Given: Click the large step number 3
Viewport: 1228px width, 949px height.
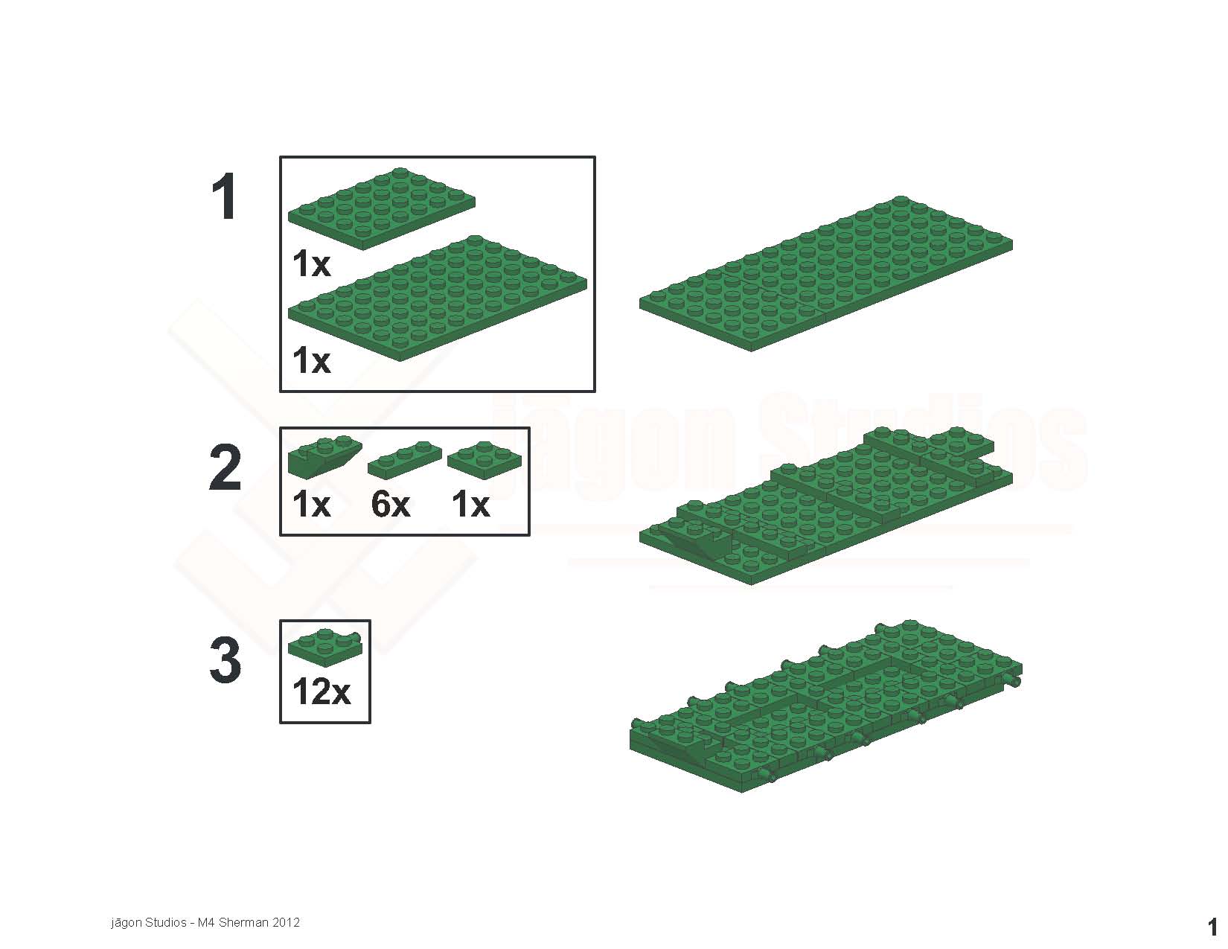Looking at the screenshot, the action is click(x=226, y=659).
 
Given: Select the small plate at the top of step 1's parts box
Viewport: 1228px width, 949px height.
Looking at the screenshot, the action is click(x=382, y=208).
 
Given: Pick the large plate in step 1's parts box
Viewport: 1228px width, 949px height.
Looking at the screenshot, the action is click(x=438, y=298).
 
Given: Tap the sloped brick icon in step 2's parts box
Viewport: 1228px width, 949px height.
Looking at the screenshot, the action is click(x=324, y=457).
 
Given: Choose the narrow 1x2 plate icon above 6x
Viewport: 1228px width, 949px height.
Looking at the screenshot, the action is click(x=405, y=459).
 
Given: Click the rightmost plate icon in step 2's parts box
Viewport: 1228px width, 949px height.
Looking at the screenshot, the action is click(x=485, y=460).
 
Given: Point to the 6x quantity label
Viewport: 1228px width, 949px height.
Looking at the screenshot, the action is click(x=391, y=505).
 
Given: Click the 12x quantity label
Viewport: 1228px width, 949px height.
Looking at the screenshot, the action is click(x=322, y=691).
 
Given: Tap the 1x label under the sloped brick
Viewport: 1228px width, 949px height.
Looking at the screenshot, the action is click(x=311, y=505).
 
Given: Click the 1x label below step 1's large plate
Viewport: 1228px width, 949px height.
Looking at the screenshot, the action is click(x=311, y=360).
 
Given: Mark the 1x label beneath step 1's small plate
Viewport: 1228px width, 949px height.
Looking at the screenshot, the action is click(x=311, y=264).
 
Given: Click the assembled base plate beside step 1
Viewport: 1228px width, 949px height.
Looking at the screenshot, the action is click(x=825, y=274).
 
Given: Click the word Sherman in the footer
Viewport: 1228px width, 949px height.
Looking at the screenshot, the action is click(x=244, y=923).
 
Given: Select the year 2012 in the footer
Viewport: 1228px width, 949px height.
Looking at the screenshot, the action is click(x=286, y=923).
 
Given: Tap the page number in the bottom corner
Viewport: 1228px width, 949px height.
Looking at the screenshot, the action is click(x=1212, y=927).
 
